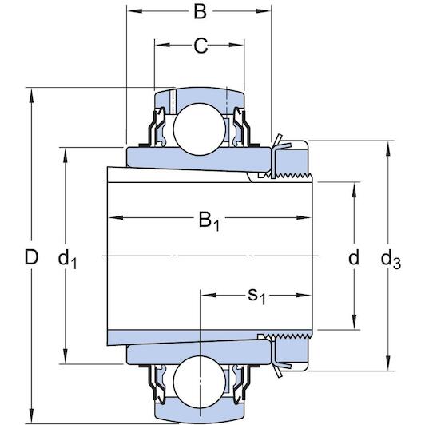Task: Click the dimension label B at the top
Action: [x=200, y=12]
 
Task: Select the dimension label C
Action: [x=201, y=46]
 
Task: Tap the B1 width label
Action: [x=209, y=221]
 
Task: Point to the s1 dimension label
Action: [x=256, y=296]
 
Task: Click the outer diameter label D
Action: [x=31, y=257]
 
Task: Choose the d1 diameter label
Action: [x=67, y=259]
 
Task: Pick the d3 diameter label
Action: [x=391, y=260]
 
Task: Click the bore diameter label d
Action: [x=354, y=257]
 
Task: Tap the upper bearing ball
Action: [x=200, y=129]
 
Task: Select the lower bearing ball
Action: [x=200, y=381]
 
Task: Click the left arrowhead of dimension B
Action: [x=135, y=11]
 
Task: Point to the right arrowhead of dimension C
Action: [x=237, y=45]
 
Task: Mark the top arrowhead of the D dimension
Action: [x=31, y=95]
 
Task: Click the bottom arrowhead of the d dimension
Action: [x=354, y=322]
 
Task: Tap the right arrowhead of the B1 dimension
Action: [x=304, y=217]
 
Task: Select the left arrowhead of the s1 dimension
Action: [x=209, y=295]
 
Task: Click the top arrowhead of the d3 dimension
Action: [x=388, y=149]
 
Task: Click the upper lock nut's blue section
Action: [x=292, y=161]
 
